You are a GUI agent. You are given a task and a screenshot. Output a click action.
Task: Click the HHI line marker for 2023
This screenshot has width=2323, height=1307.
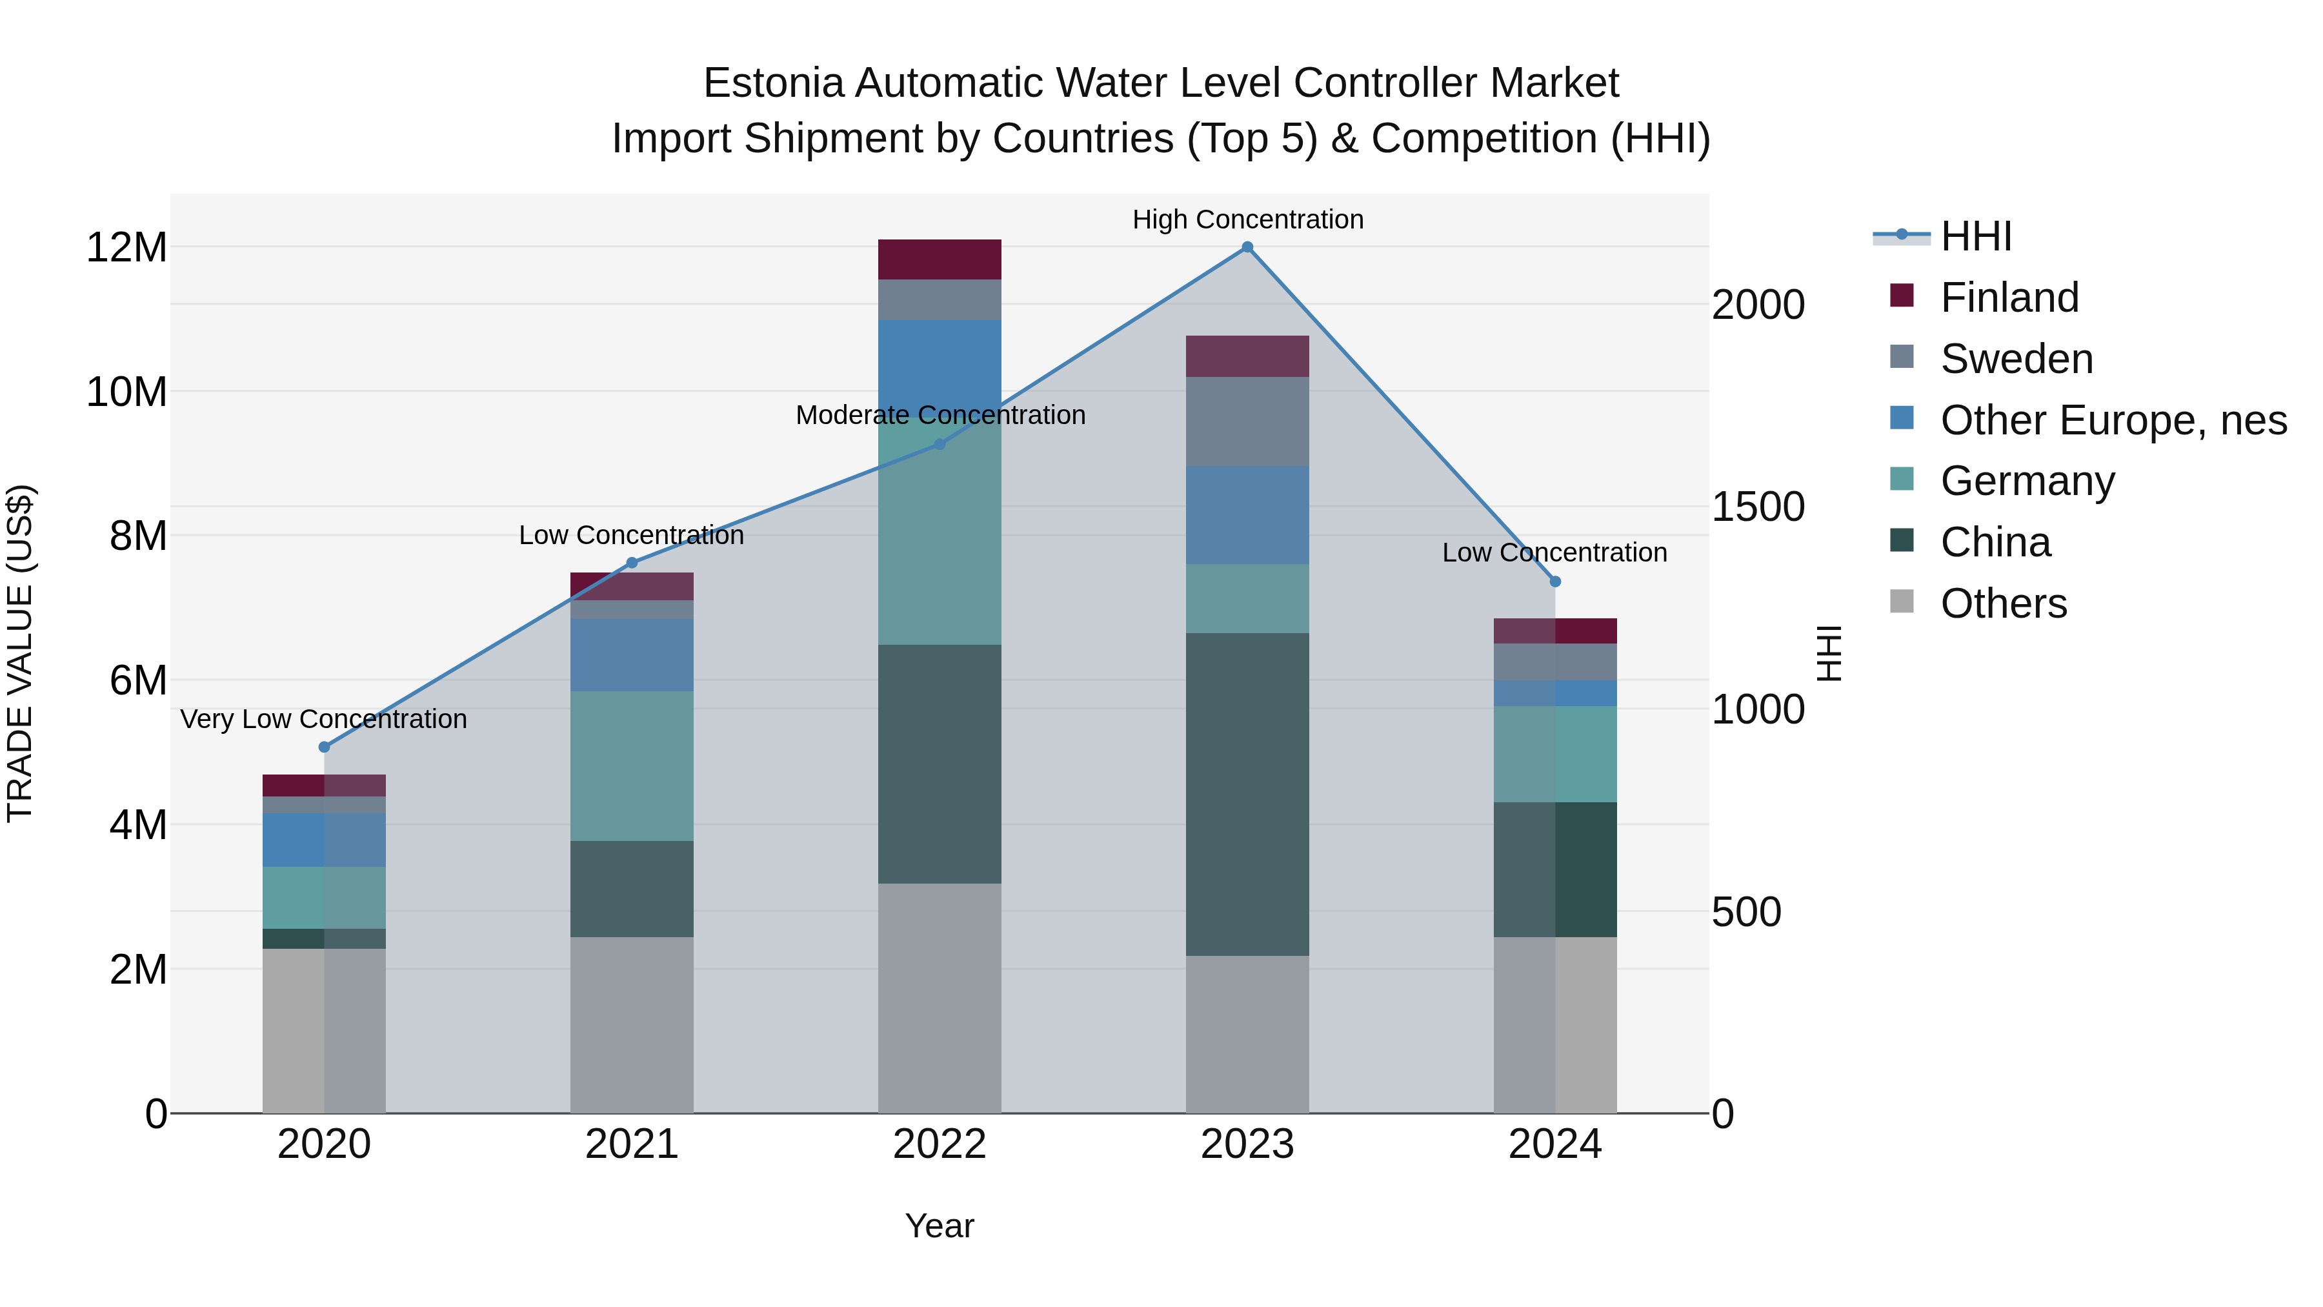(x=1247, y=247)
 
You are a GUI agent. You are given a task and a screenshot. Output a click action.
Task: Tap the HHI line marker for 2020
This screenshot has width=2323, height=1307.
(x=325, y=747)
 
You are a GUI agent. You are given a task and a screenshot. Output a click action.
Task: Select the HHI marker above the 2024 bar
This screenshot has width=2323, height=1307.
(x=1554, y=582)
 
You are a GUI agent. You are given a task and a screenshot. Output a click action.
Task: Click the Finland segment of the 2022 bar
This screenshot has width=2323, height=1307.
(x=940, y=259)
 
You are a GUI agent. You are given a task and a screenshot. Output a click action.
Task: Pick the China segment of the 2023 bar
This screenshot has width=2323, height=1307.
(x=1247, y=794)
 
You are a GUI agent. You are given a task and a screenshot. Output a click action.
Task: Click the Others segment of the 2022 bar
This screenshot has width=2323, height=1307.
(x=940, y=998)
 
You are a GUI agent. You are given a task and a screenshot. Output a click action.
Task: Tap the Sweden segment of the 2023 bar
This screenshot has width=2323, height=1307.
(x=1247, y=421)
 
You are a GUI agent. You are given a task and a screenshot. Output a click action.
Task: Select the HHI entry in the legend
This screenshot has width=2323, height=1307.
(x=1975, y=236)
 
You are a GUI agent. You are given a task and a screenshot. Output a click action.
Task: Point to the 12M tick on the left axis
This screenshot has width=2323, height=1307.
(x=126, y=247)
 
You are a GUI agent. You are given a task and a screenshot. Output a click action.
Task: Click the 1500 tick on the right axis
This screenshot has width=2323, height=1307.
(x=1758, y=507)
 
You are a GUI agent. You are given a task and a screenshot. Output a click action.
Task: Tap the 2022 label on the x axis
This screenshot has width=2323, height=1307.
(x=940, y=1144)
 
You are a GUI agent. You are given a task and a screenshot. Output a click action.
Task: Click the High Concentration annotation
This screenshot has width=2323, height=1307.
(x=1247, y=219)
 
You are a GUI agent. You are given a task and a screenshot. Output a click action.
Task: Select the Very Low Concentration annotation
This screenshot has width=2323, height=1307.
(x=324, y=719)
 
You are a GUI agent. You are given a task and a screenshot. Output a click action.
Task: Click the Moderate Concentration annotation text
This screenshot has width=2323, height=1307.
(x=940, y=415)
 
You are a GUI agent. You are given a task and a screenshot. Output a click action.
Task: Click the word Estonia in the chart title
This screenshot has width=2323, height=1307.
(x=774, y=83)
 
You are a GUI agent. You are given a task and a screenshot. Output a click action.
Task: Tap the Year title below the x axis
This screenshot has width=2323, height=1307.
(x=940, y=1226)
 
